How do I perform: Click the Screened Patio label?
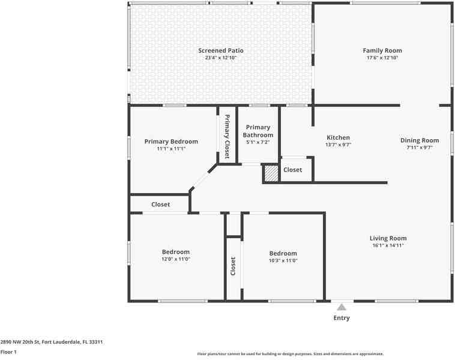click(221, 50)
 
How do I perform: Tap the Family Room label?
click(382, 50)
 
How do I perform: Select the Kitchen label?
click(338, 137)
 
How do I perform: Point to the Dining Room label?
click(420, 140)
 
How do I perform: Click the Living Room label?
click(388, 238)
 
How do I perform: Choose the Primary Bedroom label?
click(171, 142)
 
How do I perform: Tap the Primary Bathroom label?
click(258, 131)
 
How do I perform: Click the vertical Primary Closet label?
click(227, 136)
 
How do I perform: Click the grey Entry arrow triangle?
click(342, 307)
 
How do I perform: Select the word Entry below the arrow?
click(342, 318)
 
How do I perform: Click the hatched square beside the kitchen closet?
click(271, 173)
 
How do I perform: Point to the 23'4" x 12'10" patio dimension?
click(221, 58)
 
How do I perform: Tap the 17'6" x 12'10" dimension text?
click(382, 58)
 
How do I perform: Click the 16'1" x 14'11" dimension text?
click(388, 245)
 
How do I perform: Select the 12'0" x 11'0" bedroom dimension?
click(176, 259)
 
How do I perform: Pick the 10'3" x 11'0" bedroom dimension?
click(283, 260)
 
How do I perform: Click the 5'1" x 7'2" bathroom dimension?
click(258, 142)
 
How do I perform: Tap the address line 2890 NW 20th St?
click(52, 342)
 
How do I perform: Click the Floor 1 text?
click(8, 352)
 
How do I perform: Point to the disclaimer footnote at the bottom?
click(291, 354)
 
